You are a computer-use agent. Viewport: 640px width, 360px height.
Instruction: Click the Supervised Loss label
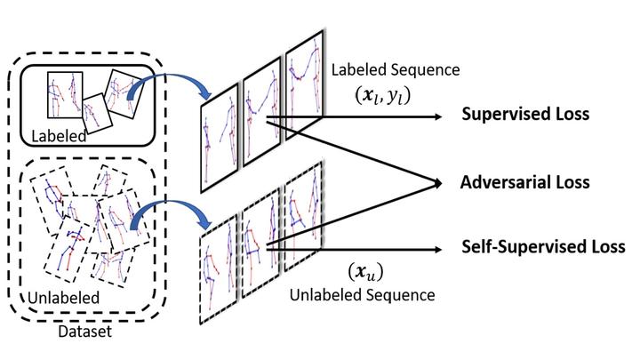pos(524,116)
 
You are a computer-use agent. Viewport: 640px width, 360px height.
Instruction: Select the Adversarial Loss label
pos(524,182)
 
